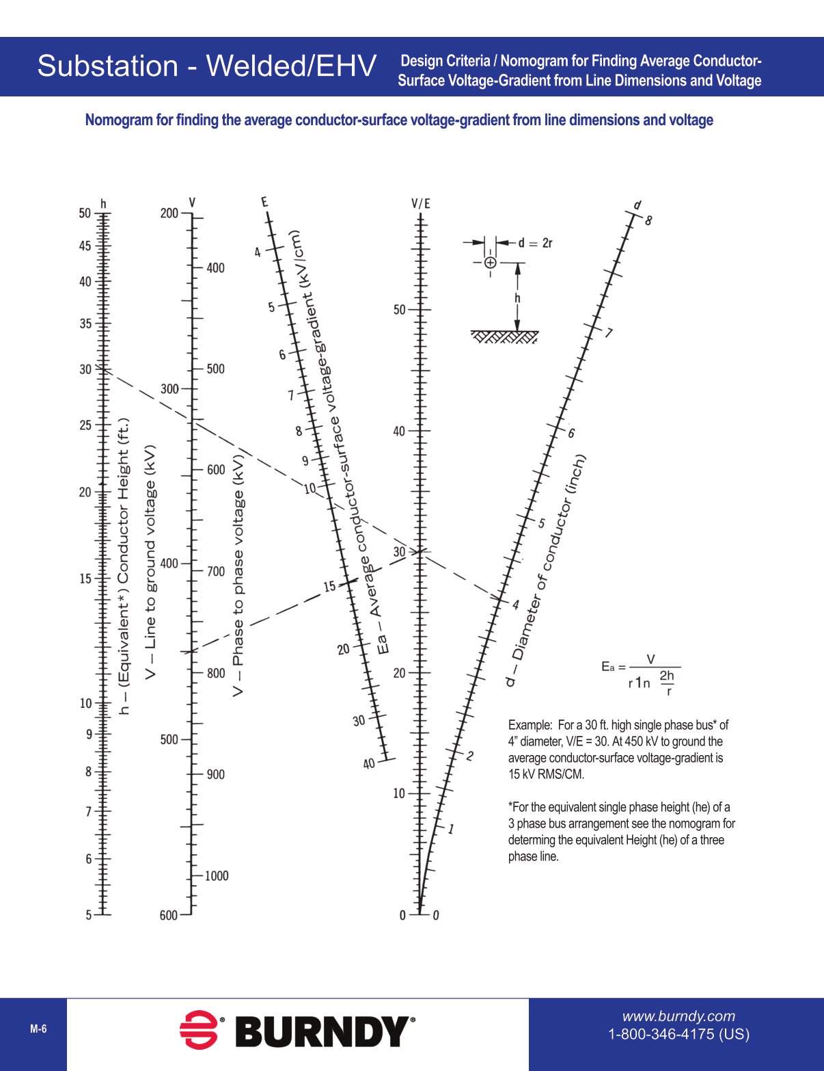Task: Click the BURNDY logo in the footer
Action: [297, 1030]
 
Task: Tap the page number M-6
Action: [38, 1029]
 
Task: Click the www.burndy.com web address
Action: [678, 1016]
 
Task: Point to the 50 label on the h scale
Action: [85, 213]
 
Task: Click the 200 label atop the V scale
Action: [169, 213]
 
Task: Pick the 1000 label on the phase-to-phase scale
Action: [217, 876]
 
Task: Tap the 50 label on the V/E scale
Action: [400, 310]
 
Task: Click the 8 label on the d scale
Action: [648, 220]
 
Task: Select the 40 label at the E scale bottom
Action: [369, 763]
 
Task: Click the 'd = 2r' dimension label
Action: [535, 243]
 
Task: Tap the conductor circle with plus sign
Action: [490, 263]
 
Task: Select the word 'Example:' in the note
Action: [530, 725]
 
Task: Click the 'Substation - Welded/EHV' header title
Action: [206, 66]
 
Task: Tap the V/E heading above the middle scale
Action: [421, 203]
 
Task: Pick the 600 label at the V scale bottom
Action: [168, 915]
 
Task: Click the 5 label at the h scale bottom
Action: [88, 915]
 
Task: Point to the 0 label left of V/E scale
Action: [402, 915]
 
